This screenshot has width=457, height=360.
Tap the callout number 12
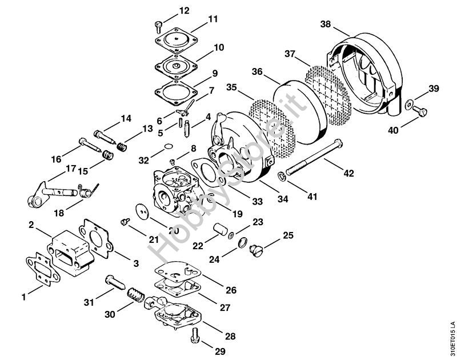168,11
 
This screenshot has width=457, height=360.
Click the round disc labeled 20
143,213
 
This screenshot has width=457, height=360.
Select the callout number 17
70,169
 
